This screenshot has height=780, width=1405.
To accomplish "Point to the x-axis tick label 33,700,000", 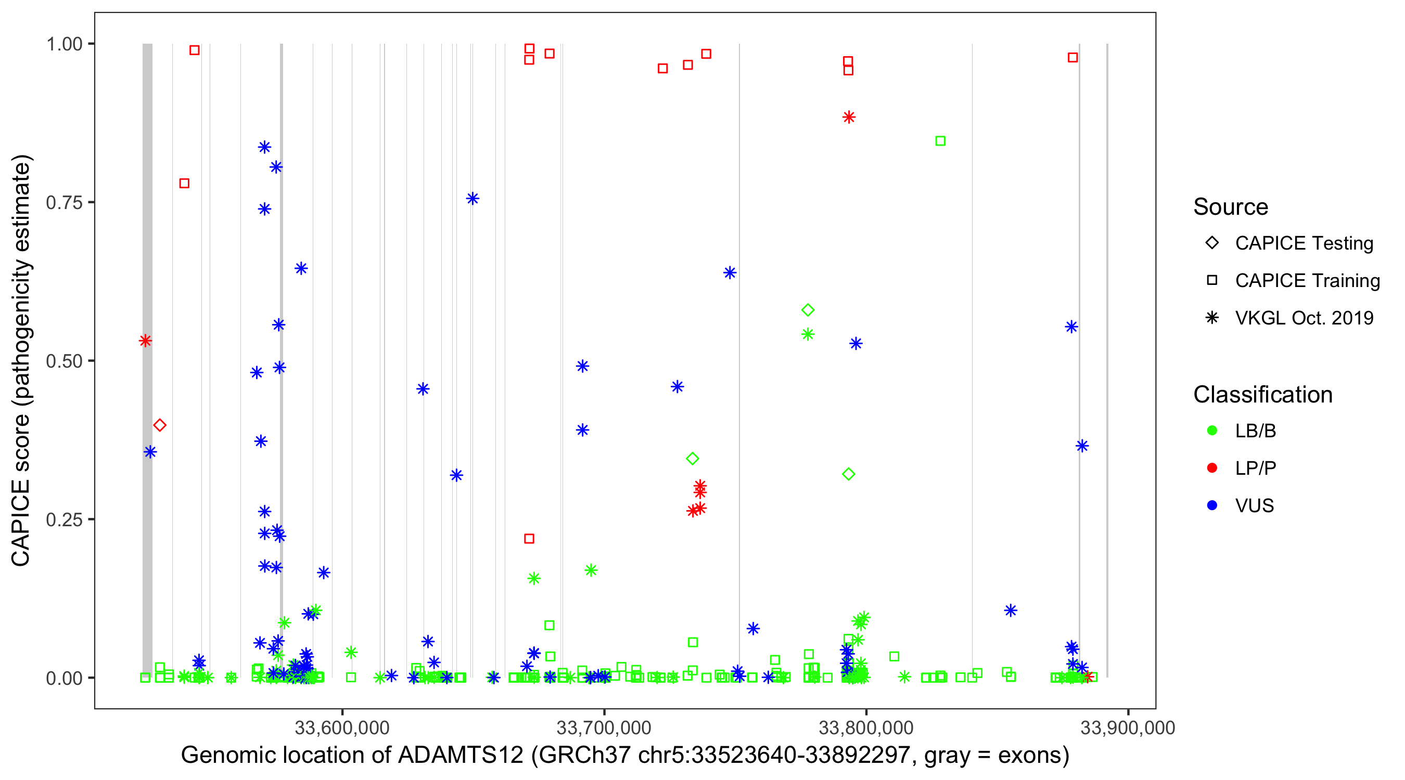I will click(603, 727).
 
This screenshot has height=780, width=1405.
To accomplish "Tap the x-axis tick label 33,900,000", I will click(1127, 727).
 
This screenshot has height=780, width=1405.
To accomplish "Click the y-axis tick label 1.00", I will click(64, 44).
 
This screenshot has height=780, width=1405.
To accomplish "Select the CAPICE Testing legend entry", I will click(1304, 243).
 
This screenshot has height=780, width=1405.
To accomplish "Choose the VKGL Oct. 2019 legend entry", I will click(1304, 318).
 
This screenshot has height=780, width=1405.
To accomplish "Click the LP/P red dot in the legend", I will click(1212, 468).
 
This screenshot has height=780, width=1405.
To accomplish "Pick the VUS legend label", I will click(1254, 506).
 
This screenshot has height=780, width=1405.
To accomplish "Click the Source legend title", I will click(1231, 207).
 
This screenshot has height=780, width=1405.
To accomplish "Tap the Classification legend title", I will click(1262, 395).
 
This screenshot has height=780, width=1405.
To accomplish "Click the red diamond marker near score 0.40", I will click(160, 425).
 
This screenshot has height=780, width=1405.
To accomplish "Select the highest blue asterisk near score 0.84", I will click(264, 147).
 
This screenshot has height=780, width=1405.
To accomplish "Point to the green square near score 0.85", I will click(940, 141).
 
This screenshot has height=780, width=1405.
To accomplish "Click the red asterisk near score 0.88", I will click(849, 117).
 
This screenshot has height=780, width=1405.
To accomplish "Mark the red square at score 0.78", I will click(184, 184).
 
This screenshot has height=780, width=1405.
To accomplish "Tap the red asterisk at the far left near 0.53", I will click(145, 341).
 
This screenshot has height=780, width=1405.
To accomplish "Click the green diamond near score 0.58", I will click(808, 310).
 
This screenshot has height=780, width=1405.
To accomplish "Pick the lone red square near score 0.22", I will click(529, 539).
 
